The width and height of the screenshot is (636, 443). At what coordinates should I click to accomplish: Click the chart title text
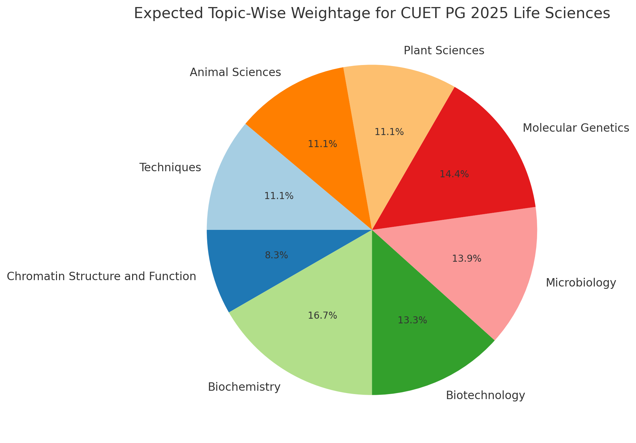click(x=371, y=14)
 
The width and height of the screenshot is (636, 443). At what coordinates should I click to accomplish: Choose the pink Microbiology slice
click(x=483, y=268)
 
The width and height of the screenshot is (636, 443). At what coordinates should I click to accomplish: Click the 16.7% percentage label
click(x=322, y=316)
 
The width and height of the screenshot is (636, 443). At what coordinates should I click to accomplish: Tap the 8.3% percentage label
click(x=276, y=256)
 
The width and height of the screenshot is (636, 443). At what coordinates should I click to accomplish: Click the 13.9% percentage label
click(x=466, y=259)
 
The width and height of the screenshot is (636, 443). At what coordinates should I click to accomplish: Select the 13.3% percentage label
click(x=412, y=321)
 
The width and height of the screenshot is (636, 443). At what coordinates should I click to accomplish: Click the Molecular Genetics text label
click(x=575, y=128)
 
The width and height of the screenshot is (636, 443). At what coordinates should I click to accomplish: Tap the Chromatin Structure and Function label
click(x=101, y=276)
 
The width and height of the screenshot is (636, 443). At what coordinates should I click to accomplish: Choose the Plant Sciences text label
click(x=444, y=51)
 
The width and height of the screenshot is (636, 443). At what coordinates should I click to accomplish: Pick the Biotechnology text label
click(x=485, y=396)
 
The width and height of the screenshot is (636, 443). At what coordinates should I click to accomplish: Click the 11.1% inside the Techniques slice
click(x=279, y=196)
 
